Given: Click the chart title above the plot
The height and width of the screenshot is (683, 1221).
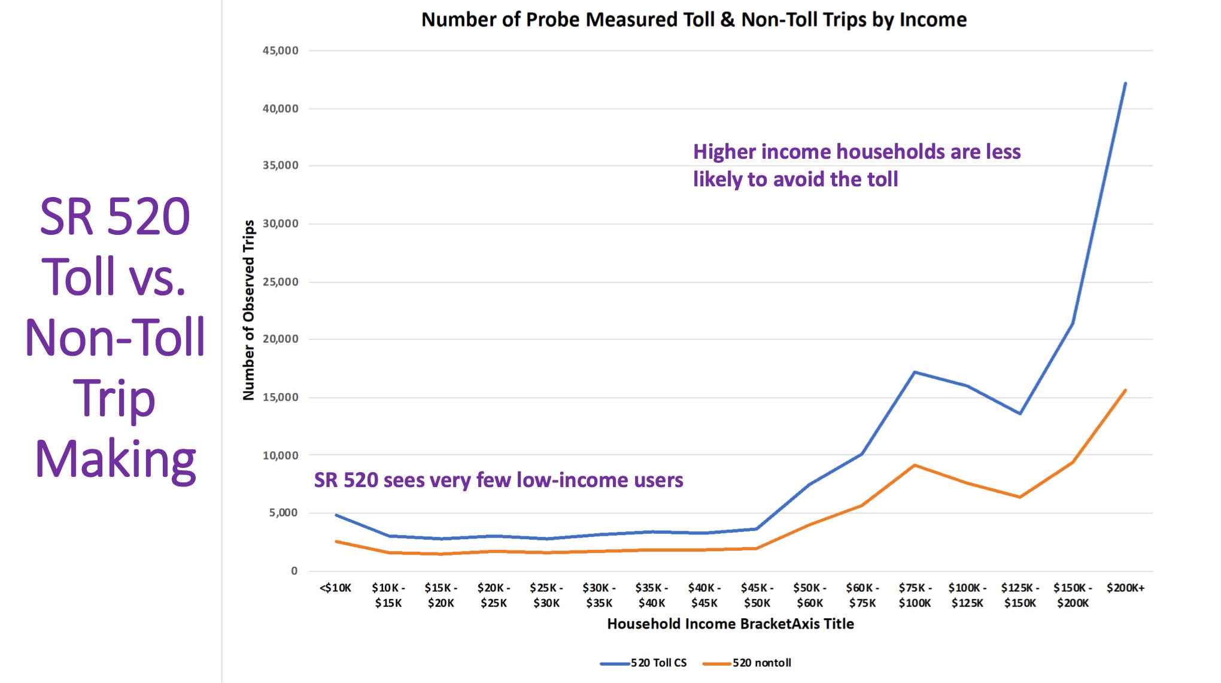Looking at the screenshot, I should [x=694, y=20].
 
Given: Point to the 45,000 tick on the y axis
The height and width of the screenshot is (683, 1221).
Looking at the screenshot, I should [x=280, y=51].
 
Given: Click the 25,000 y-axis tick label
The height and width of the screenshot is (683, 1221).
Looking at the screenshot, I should [x=280, y=282].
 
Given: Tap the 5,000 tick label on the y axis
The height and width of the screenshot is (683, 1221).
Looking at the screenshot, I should [x=283, y=513].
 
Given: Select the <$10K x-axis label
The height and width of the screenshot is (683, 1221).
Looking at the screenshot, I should [x=335, y=588].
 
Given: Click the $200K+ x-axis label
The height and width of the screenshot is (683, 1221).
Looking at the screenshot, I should [x=1125, y=588].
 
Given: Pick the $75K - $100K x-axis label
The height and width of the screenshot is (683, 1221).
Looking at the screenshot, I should [x=915, y=595].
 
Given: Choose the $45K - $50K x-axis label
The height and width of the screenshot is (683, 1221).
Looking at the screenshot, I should [x=757, y=595].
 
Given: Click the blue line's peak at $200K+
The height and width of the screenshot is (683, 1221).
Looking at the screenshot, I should [x=1125, y=83].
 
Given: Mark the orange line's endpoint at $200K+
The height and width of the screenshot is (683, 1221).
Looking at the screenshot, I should [x=1125, y=391].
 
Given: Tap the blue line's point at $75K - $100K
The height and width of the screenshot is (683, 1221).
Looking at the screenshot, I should [x=915, y=372].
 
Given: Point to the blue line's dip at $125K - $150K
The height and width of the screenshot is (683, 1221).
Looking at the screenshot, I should [x=1020, y=413].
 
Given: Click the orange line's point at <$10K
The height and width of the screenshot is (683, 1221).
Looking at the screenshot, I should [x=336, y=542].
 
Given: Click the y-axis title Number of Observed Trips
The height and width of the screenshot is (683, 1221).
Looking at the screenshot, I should [x=248, y=310].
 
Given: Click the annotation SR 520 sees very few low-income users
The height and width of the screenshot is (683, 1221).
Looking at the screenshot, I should [x=498, y=480].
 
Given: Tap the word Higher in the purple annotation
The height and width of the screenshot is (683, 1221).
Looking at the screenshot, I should [x=725, y=152].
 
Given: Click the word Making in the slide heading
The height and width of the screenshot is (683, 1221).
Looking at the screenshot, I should [x=115, y=459].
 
